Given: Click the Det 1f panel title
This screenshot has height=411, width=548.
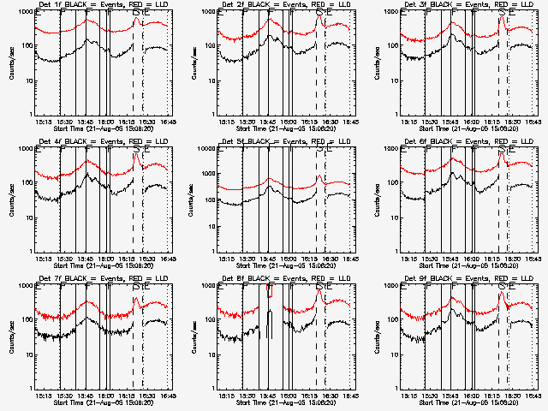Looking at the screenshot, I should [x=103, y=5].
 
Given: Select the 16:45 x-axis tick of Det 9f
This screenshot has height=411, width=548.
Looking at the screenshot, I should [x=533, y=396].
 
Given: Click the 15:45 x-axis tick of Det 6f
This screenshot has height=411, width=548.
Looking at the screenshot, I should [x=451, y=259].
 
